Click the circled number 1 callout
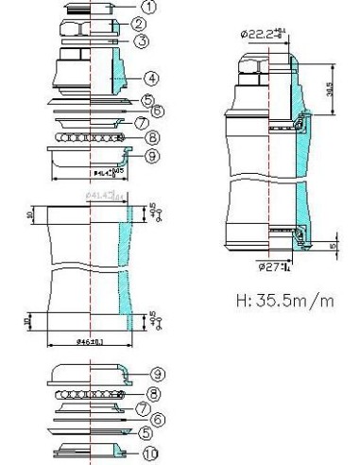[x=149, y=7]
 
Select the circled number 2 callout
[x=139, y=24]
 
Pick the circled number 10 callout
[x=148, y=453]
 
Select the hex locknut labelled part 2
[x=89, y=24]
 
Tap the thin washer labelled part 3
[x=89, y=41]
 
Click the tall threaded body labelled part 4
[x=89, y=71]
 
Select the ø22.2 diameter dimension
[x=261, y=33]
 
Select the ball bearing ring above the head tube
[x=89, y=138]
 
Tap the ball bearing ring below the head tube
[x=89, y=393]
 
